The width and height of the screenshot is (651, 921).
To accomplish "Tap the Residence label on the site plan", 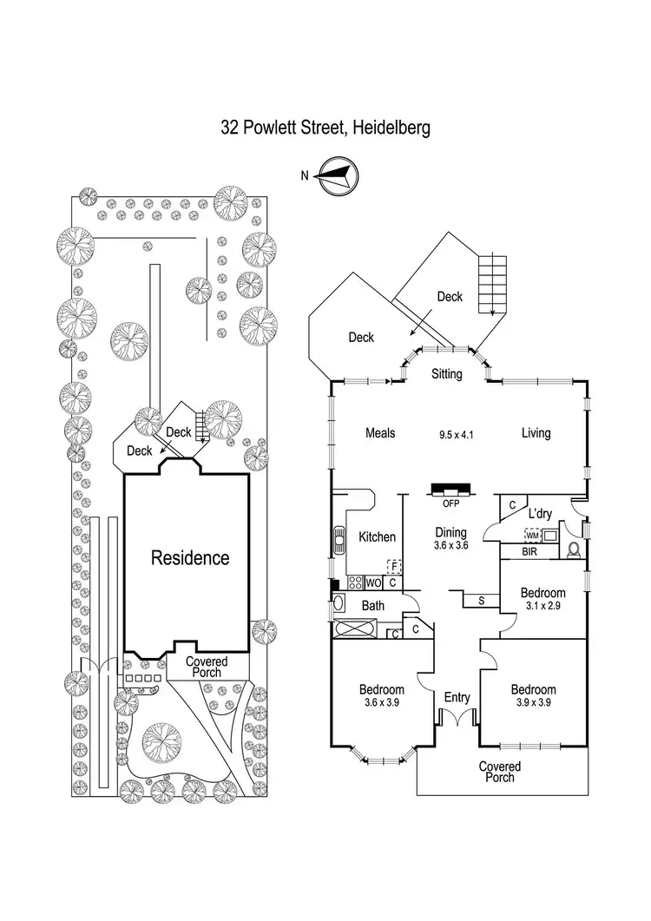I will pyautogui.click(x=191, y=557).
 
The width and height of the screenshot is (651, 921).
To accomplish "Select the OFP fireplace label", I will pyautogui.click(x=450, y=503).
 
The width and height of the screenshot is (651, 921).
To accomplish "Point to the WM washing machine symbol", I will pyautogui.click(x=533, y=536).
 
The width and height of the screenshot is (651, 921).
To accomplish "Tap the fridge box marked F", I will pyautogui.click(x=395, y=567).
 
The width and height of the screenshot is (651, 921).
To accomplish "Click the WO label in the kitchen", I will pyautogui.click(x=373, y=582).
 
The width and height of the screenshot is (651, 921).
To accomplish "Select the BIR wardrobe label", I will pyautogui.click(x=529, y=552).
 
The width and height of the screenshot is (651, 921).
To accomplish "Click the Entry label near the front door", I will pyautogui.click(x=457, y=697).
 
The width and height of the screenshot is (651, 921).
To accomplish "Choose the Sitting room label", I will pyautogui.click(x=447, y=374).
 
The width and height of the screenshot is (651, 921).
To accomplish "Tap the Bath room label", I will pyautogui.click(x=373, y=605).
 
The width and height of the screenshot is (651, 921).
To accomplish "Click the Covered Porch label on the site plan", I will pyautogui.click(x=207, y=667).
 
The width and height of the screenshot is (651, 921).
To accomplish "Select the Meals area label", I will pyautogui.click(x=380, y=433).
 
